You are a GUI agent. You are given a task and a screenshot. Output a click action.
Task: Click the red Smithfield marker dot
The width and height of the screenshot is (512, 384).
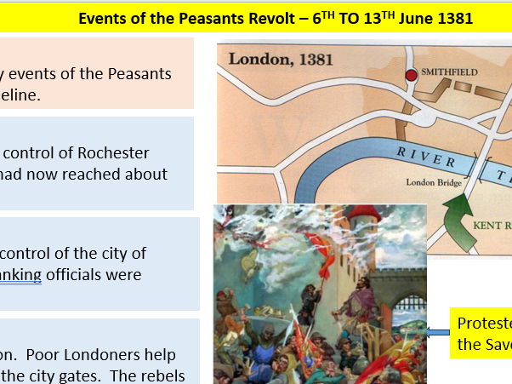point(412,76)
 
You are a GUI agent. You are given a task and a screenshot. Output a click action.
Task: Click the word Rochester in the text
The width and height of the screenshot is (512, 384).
point(110,153)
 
